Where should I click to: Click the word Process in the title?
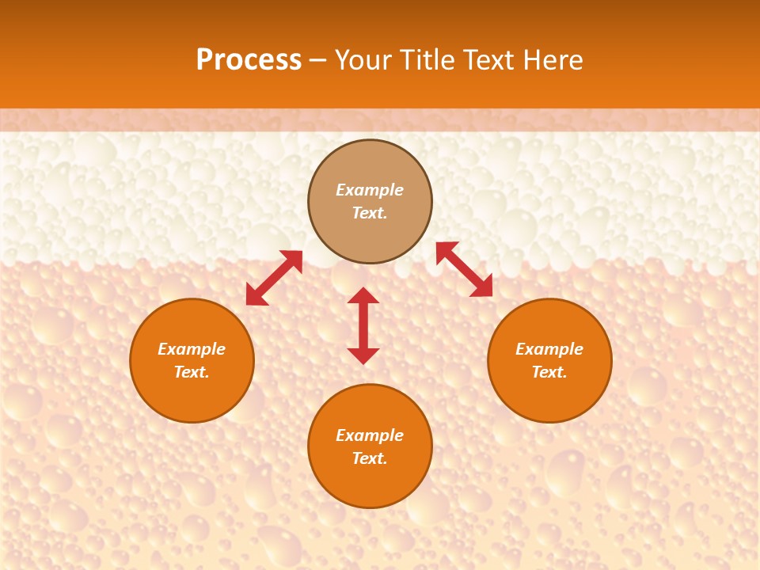249,60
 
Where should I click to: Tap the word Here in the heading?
550,60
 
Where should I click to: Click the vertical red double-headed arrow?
363,325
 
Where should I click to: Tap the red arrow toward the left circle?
274,278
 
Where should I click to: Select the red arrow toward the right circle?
464,269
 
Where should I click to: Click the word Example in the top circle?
370,190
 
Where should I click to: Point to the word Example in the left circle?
192,349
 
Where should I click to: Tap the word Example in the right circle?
549,349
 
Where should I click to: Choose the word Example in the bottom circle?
370,435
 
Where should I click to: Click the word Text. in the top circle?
370,213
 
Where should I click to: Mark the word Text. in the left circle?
192,372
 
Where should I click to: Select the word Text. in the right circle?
549,372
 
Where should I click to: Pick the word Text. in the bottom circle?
370,458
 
